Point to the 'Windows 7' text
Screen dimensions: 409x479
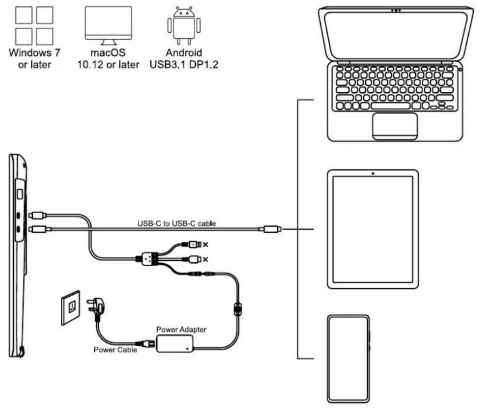(x=31, y=52)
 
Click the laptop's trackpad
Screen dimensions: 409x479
(x=395, y=126)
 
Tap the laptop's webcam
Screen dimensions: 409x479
(x=396, y=10)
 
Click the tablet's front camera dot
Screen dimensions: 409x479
(x=372, y=174)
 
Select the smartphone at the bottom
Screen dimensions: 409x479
(x=348, y=358)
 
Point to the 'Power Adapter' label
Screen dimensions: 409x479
(x=181, y=330)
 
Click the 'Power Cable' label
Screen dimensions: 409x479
(x=115, y=350)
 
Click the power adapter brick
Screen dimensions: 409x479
(x=175, y=343)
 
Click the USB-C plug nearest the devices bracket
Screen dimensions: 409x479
(x=271, y=229)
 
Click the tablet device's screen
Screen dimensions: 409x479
(x=372, y=230)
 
